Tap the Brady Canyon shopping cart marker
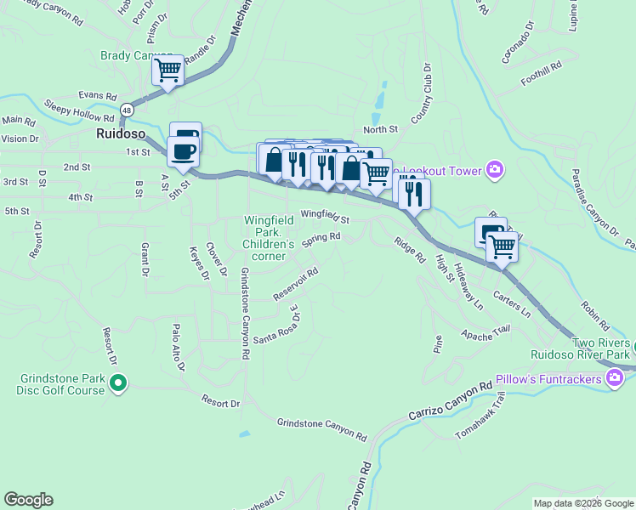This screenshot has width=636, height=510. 168,70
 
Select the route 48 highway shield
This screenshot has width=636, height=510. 126,110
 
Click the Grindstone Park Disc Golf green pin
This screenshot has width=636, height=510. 118,385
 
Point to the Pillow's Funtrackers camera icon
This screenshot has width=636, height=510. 612,377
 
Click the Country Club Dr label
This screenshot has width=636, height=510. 423,97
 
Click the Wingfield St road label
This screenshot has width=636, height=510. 325,217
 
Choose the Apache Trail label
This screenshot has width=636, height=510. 486,333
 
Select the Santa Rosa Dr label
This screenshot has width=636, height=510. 276,326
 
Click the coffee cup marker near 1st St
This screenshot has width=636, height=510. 183,152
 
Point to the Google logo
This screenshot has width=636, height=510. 28,500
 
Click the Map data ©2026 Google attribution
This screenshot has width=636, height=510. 583,503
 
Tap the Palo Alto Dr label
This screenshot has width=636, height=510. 177,348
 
